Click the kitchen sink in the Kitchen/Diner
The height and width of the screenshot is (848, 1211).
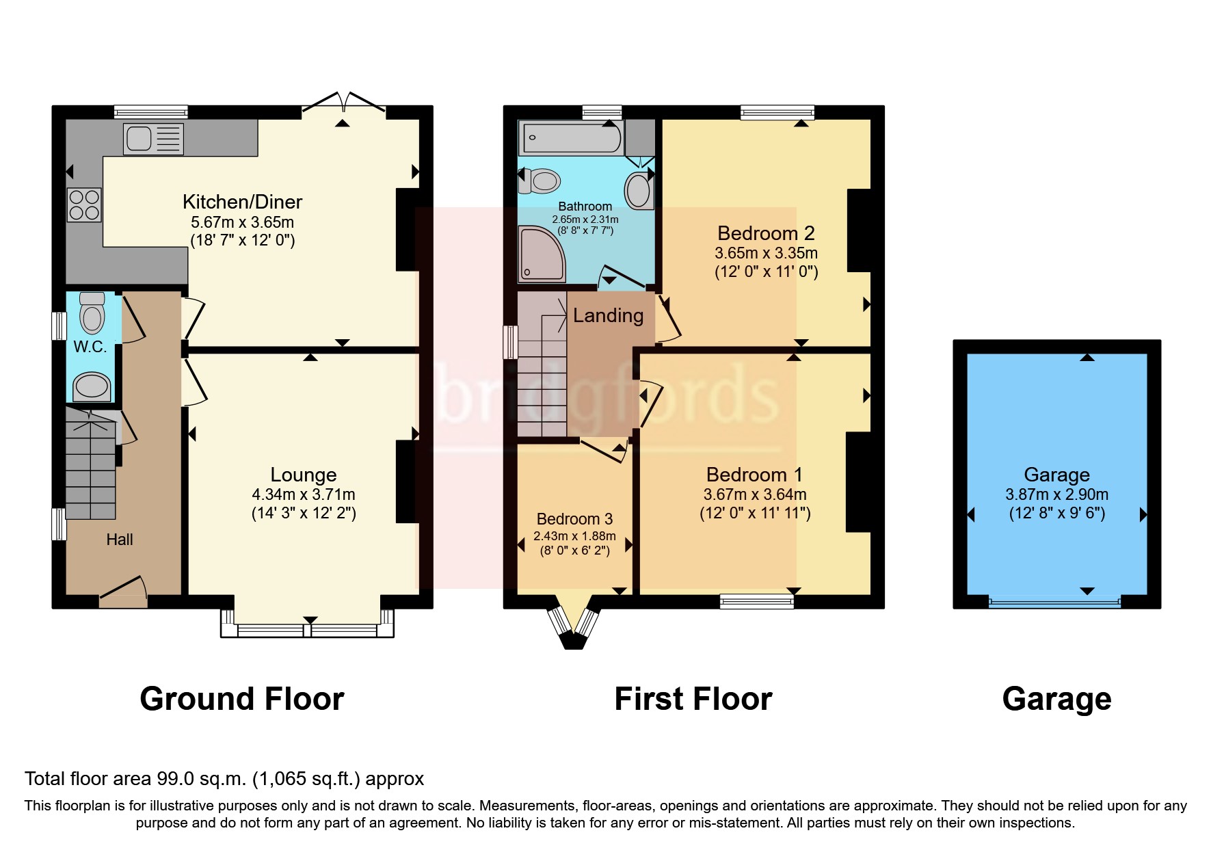coord(153,138)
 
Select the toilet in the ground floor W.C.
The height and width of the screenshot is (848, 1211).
coord(92,313)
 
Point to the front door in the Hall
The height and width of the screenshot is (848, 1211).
coord(124,592)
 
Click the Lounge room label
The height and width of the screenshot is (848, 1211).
coord(304,475)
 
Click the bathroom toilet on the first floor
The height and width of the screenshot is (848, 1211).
coord(541,181)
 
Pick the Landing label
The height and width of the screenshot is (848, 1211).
coord(608,315)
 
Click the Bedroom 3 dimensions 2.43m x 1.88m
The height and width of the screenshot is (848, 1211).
coord(574,536)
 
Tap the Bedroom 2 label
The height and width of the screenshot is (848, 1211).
coord(766,233)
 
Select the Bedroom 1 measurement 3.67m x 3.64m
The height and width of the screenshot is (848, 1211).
coord(755,494)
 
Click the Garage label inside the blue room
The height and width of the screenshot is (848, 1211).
coord(1056,474)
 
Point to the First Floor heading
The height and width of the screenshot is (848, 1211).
coord(693,699)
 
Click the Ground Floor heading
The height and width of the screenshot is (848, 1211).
coord(241,699)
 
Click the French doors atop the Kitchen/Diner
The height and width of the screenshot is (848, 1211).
coord(344,103)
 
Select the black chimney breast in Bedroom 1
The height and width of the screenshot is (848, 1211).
coord(857,481)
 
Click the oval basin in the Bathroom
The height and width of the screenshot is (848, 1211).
coord(639,190)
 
